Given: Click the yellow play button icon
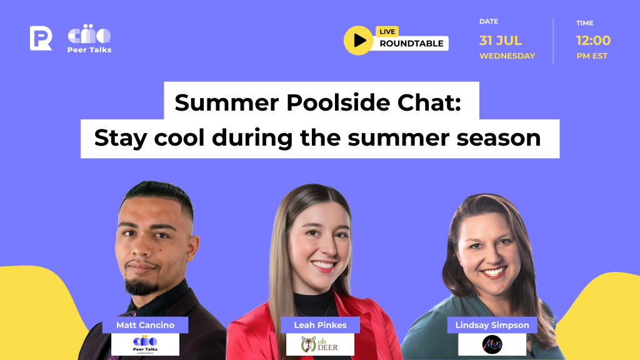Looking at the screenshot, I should pyautogui.click(x=359, y=40).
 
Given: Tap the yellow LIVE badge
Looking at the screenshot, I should pyautogui.click(x=387, y=32).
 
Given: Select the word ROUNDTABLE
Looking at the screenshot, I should pyautogui.click(x=412, y=44).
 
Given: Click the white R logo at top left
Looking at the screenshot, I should pyautogui.click(x=41, y=38).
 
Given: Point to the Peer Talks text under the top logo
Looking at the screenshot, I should pyautogui.click(x=89, y=50).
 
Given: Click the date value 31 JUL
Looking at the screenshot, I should pyautogui.click(x=500, y=41).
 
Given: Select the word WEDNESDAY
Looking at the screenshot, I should pyautogui.click(x=507, y=56).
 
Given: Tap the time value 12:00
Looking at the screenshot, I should pyautogui.click(x=593, y=41).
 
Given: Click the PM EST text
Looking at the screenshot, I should pyautogui.click(x=592, y=56).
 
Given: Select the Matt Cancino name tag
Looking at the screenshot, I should pyautogui.click(x=145, y=325).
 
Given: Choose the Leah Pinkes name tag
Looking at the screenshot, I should pyautogui.click(x=320, y=325).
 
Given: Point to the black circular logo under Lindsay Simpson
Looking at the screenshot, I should pyautogui.click(x=492, y=344).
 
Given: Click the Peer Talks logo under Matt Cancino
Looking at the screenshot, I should pyautogui.click(x=146, y=344).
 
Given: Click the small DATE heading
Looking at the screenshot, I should pyautogui.click(x=489, y=21).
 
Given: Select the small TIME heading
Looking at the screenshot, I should pyautogui.click(x=585, y=23).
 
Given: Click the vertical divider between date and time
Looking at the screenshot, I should pyautogui.click(x=553, y=41).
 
